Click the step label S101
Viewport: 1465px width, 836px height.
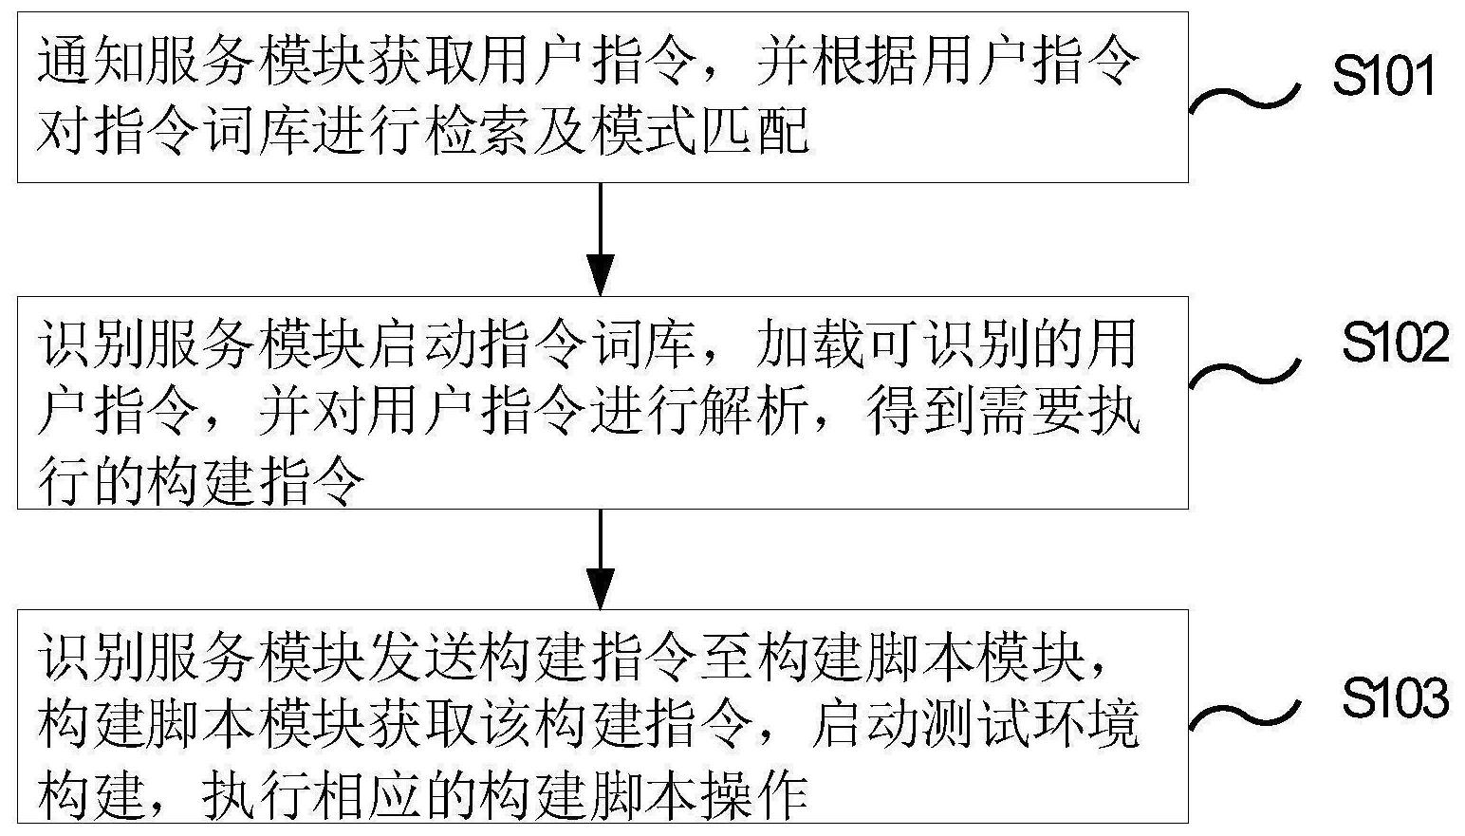[x=1383, y=77]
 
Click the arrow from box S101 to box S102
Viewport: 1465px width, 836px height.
[x=601, y=238]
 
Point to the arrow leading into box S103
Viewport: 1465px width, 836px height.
[x=601, y=560]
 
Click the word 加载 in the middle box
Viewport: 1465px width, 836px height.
[x=809, y=344]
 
